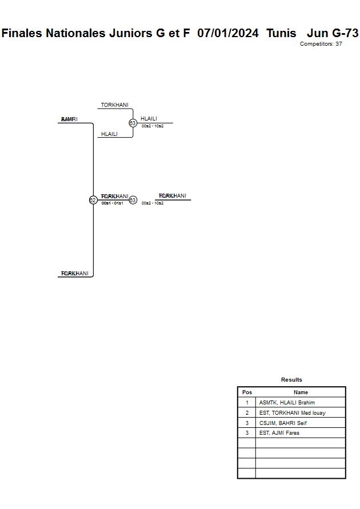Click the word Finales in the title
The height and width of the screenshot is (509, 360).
22,33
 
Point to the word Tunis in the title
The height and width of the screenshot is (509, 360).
281,33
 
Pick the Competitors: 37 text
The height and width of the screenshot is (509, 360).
321,44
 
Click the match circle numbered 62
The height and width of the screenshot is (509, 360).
93,200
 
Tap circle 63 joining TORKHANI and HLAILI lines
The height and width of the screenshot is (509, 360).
133,123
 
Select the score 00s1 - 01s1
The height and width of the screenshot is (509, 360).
112,203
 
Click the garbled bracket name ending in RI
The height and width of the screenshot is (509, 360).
69,119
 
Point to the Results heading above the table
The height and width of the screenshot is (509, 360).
291,380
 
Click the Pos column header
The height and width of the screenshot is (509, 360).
247,392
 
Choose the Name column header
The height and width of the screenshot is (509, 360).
301,392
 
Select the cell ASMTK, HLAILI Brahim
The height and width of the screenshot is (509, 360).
287,403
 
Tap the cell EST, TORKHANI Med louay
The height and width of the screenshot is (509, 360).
292,412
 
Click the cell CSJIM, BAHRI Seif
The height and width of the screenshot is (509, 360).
283,423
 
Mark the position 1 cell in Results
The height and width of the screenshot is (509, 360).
247,403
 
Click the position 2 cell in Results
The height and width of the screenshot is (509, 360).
247,412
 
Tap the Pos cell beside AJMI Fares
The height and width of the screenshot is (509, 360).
247,433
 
